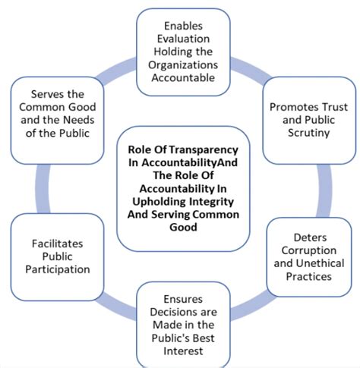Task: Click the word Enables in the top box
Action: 183,26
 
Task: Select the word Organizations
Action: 183,64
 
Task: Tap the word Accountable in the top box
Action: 183,77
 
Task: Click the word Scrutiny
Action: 309,133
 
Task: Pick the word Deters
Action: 310,237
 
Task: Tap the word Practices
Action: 309,276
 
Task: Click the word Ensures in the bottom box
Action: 183,299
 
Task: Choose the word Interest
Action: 183,351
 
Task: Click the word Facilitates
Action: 58,244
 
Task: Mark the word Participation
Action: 58,269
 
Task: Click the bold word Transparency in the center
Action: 204,149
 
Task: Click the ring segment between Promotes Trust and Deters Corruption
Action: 324,190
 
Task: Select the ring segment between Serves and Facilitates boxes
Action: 43,189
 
